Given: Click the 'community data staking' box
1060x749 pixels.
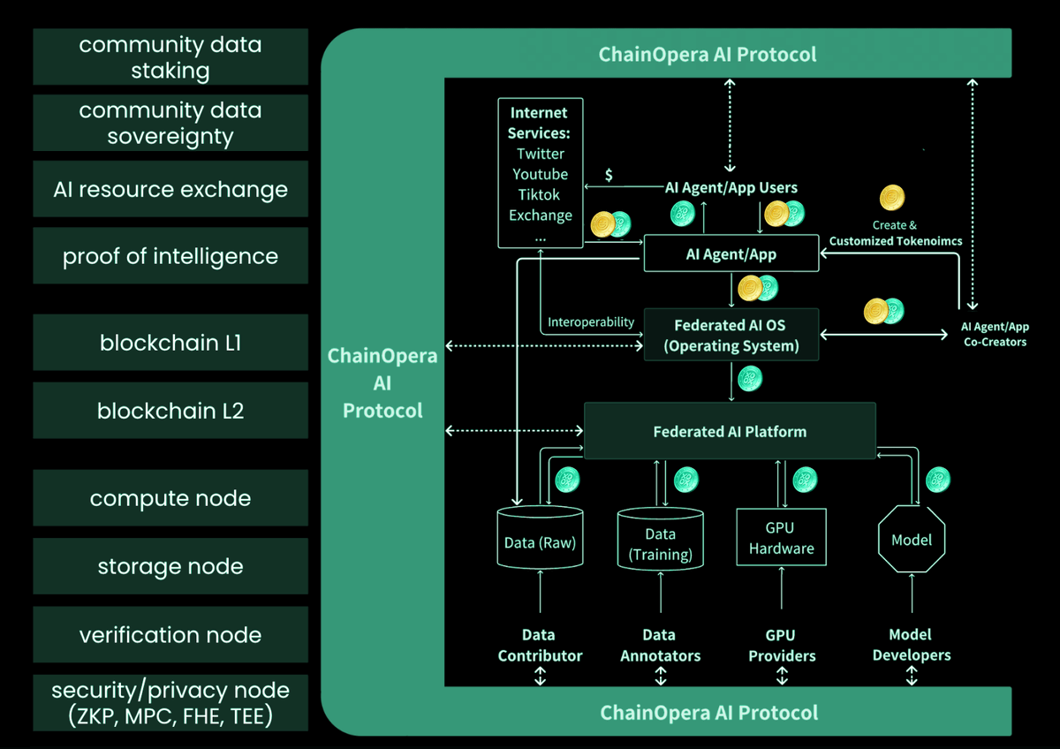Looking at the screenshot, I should [x=170, y=57].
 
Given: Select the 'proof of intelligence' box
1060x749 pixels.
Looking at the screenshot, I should [x=170, y=256].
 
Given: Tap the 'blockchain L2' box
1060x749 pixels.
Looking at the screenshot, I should [x=170, y=411].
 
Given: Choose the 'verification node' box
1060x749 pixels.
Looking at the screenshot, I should [x=170, y=635].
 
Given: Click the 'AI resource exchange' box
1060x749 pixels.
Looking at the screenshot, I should [x=170, y=189].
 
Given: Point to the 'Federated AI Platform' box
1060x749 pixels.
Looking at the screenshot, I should [x=730, y=431].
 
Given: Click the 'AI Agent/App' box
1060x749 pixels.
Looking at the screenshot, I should [x=731, y=253].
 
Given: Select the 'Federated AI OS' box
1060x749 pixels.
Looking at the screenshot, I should [x=731, y=335].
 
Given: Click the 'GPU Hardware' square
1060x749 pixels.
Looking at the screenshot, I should [x=782, y=537].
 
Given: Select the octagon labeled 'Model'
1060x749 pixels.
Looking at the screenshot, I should [x=912, y=540].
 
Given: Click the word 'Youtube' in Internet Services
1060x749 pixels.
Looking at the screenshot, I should [x=541, y=174].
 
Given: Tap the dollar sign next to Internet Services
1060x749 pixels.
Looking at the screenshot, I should [x=609, y=175].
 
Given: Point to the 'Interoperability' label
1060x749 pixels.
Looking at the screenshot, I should [x=591, y=322].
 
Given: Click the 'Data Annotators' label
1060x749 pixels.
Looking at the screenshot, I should [x=660, y=646].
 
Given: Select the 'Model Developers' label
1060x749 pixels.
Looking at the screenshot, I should [x=912, y=645].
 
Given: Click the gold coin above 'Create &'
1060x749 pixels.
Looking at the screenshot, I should [x=893, y=198].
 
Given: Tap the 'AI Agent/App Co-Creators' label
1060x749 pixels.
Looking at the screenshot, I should [x=995, y=334].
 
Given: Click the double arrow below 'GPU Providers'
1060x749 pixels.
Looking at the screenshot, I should [x=782, y=676].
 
